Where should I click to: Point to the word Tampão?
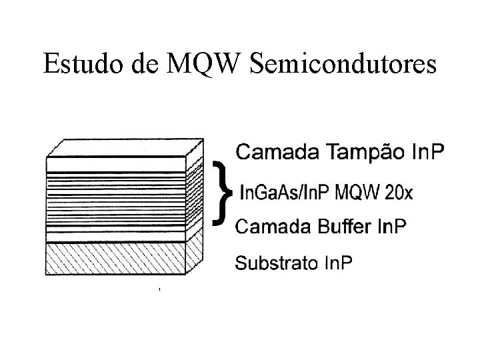[x=363, y=153]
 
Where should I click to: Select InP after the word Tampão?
[x=427, y=152]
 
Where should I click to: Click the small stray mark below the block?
[x=159, y=290]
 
